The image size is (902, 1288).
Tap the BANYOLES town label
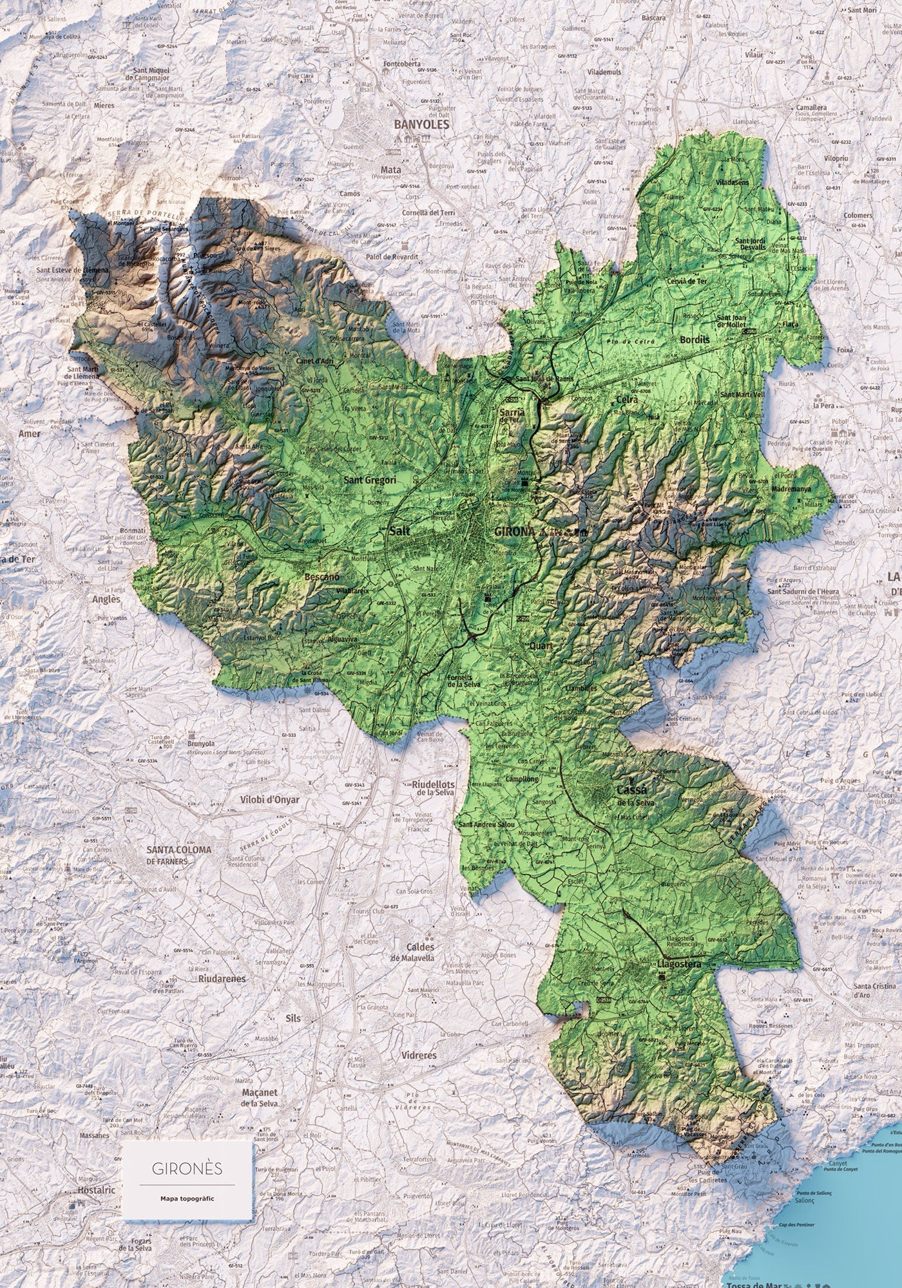tap(421, 125)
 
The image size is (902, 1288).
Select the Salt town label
tap(400, 531)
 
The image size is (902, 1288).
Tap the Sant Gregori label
tap(370, 480)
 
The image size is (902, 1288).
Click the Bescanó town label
tap(322, 576)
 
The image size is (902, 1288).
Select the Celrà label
tap(627, 399)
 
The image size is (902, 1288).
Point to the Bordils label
tap(693, 339)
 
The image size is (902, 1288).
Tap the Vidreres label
tap(419, 1056)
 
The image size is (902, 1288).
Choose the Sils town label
tap(293, 1018)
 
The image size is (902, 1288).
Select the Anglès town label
tap(106, 599)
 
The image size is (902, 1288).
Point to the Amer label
tap(29, 433)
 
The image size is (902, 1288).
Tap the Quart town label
tap(541, 646)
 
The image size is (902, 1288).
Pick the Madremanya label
tap(801, 489)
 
